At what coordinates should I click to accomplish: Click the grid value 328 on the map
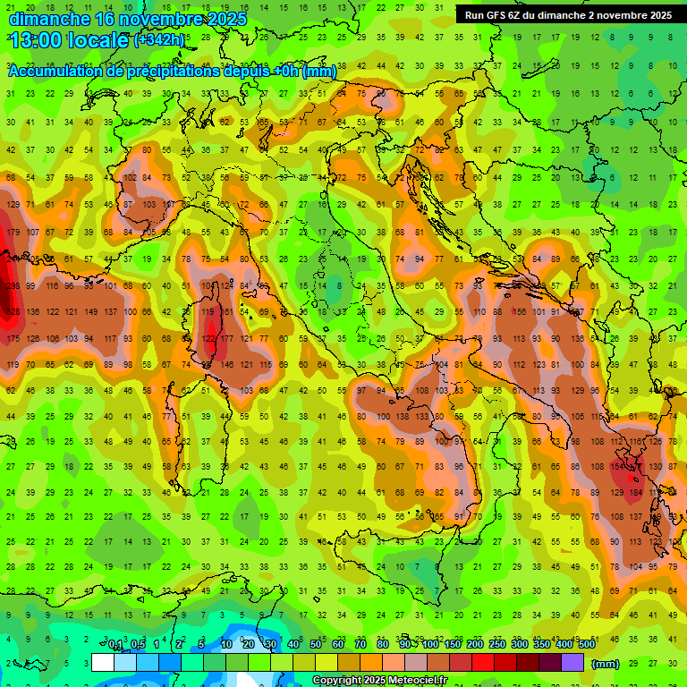tap(13, 312)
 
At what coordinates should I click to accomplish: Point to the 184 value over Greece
tap(636, 492)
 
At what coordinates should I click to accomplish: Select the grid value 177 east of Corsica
tap(226, 339)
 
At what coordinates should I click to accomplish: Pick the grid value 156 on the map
tap(520, 312)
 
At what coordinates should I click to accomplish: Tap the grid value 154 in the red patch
tap(617, 466)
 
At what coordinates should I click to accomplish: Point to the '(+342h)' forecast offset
tap(159, 40)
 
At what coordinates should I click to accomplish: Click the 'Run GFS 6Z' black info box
tap(568, 15)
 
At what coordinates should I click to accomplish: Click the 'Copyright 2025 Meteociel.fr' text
tap(379, 681)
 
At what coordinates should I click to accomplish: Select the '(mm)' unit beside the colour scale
tap(606, 664)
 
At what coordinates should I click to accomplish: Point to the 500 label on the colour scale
tap(586, 645)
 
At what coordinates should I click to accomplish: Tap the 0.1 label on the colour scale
tap(115, 645)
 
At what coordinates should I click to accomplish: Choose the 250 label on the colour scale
tap(496, 645)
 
